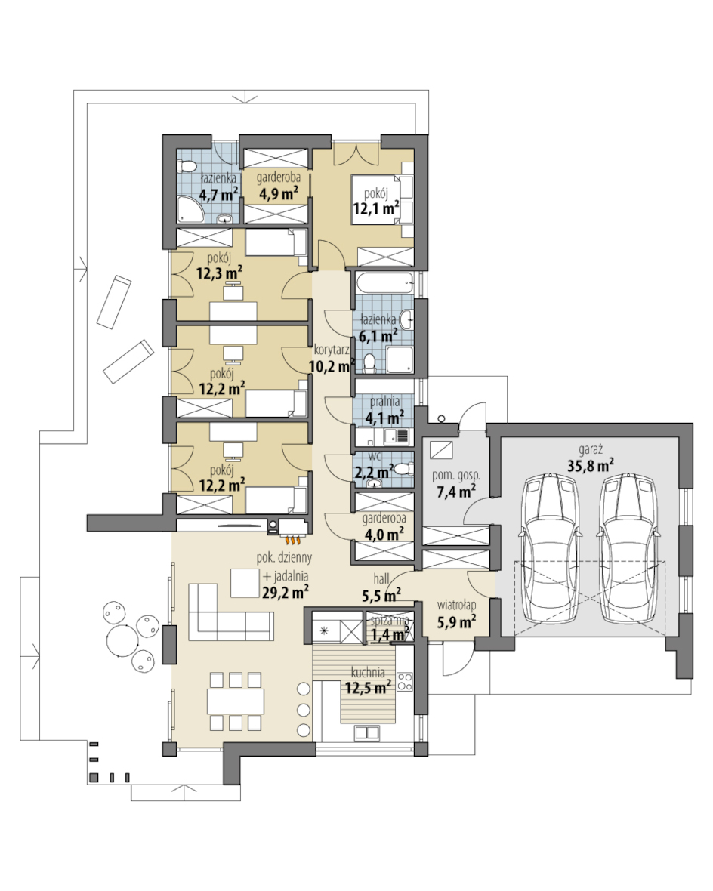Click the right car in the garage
(627, 550)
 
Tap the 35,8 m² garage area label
(590, 465)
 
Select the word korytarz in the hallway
(332, 350)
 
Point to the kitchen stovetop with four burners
(404, 681)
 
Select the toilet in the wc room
(402, 469)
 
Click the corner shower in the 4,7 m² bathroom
(187, 209)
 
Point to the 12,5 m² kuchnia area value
(367, 687)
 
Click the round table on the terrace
(122, 641)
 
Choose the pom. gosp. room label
(456, 475)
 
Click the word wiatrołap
(456, 606)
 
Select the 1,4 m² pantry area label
(390, 634)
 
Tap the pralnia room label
(384, 401)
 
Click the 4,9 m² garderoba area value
(279, 193)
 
